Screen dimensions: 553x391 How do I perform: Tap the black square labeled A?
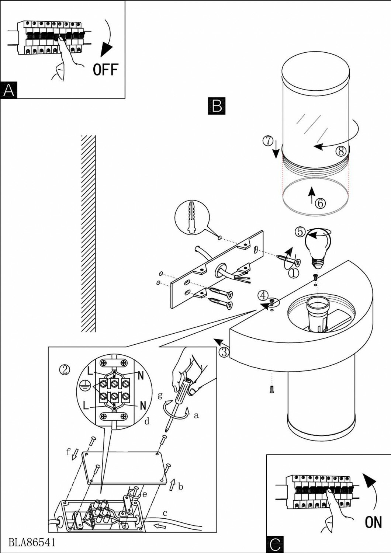pos(9,90)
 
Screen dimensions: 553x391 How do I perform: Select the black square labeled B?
pos(217,105)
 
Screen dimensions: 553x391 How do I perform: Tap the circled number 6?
pos(320,203)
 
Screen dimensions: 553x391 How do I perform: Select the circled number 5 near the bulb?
pos(301,232)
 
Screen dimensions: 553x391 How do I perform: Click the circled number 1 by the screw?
pos(293,273)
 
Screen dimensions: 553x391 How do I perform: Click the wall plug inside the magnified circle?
pos(192,218)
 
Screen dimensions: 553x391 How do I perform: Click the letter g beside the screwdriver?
pos(160,395)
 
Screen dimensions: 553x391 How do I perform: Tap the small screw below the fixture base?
pos(271,388)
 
